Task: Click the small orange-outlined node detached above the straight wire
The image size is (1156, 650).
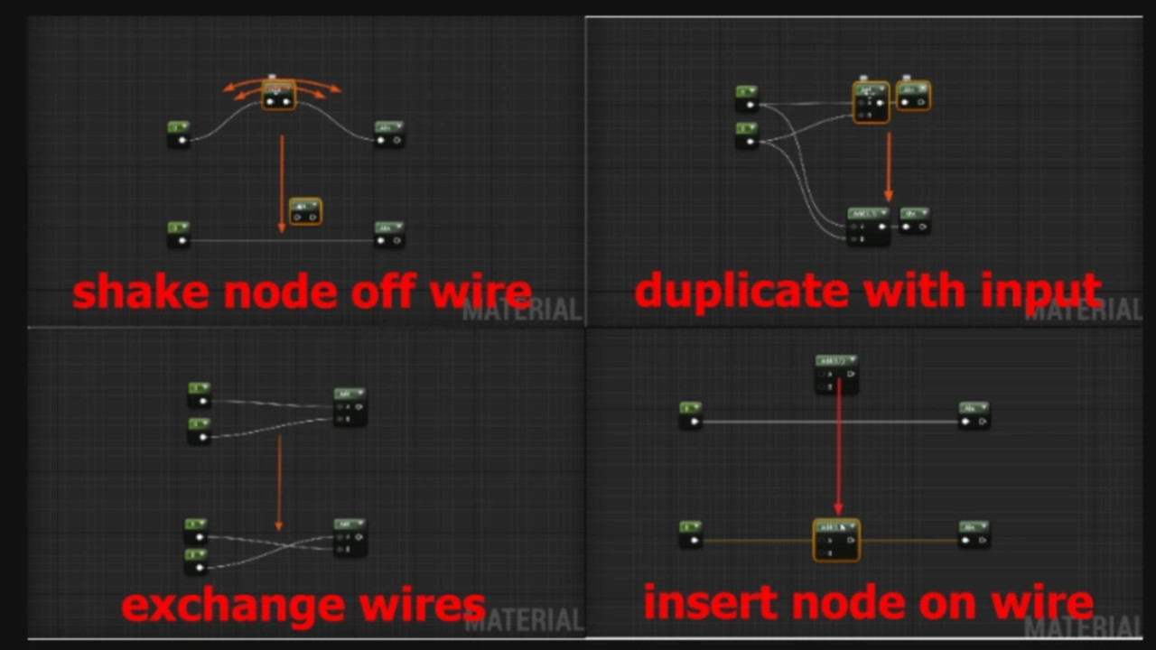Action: pyautogui.click(x=306, y=212)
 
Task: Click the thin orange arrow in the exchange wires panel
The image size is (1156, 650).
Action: pyautogui.click(x=279, y=483)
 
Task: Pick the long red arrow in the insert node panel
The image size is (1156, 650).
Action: pyautogui.click(x=839, y=447)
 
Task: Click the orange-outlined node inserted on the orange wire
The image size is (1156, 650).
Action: pyautogui.click(x=836, y=540)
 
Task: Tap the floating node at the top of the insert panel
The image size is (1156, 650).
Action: pyautogui.click(x=836, y=373)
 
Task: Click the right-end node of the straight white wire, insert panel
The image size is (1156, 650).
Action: pyautogui.click(x=974, y=415)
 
